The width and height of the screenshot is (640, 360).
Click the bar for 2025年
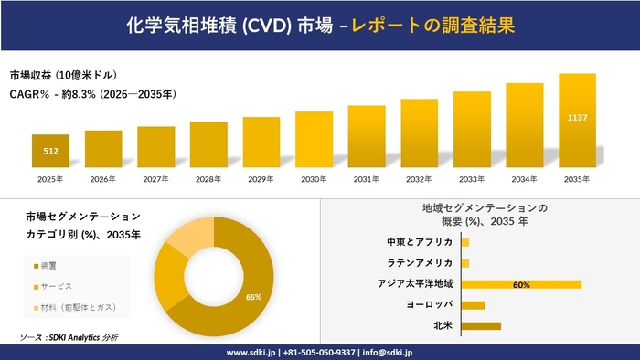50,151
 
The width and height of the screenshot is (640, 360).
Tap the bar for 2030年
314,140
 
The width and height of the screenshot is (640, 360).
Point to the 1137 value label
577,118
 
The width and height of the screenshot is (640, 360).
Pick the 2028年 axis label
208,179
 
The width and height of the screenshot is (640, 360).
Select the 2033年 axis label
472,179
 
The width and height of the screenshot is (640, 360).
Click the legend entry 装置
51,266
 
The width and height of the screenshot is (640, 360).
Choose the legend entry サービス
57,286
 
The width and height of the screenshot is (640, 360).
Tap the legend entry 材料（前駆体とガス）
79,306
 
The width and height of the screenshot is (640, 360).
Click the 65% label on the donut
253,297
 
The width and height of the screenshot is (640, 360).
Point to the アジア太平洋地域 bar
521,284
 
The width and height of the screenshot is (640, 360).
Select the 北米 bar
481,325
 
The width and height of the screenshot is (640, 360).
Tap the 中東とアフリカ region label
420,242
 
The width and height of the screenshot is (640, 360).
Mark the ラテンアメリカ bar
465,263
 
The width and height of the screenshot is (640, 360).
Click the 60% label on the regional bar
521,284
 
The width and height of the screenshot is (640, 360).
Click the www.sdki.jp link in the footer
253,352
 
